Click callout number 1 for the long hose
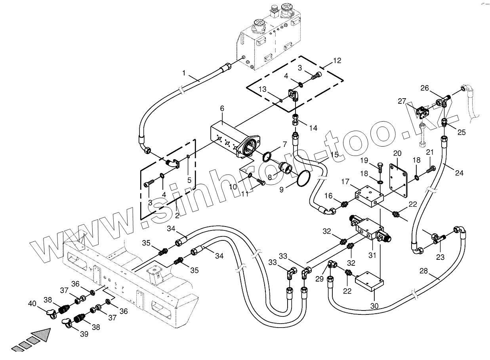183,73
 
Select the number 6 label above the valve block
222,109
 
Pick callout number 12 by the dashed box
337,61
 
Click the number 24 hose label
459,173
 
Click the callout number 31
372,255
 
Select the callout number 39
84,334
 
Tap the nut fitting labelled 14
296,120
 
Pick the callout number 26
424,88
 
